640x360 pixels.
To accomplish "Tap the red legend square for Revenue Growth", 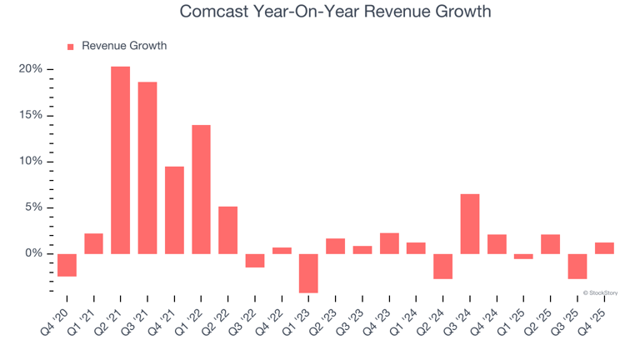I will click(70, 47).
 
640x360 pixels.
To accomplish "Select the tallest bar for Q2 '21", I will click(120, 160).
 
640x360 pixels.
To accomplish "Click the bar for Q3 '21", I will click(147, 167).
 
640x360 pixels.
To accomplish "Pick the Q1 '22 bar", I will click(201, 189).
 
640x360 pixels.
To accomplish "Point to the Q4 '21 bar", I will click(174, 210).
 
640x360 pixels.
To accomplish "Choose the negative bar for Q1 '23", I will click(308, 273).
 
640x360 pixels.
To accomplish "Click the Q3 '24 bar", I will click(469, 223).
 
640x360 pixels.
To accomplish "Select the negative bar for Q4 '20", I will click(67, 265).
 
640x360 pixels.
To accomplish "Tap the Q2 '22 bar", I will click(227, 230).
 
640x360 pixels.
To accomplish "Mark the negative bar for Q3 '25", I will click(577, 266).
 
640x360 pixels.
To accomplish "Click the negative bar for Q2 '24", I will click(442, 266).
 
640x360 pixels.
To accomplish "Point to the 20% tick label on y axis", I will click(31, 69).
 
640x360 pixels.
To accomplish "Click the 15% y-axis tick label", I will click(31, 115).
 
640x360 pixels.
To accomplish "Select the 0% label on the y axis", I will click(33, 253).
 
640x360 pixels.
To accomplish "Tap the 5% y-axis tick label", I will click(33, 207).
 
